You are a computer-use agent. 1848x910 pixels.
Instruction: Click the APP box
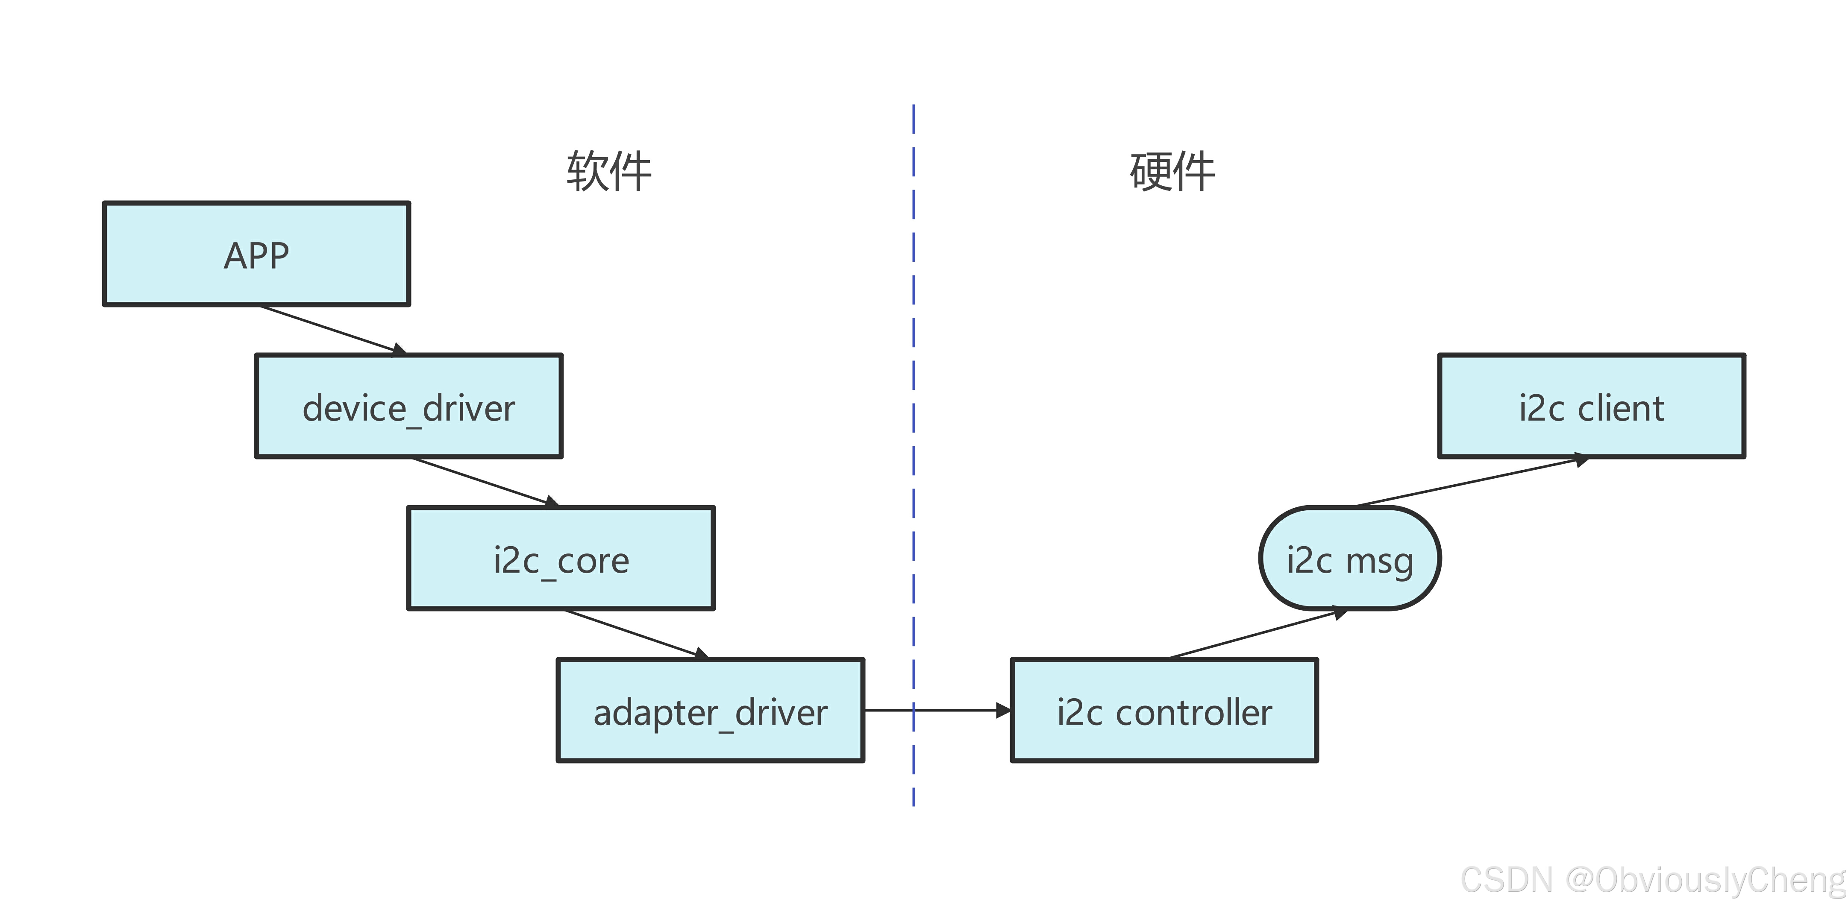(256, 254)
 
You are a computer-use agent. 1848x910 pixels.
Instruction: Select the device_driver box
(408, 406)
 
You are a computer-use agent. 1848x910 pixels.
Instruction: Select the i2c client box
(1591, 406)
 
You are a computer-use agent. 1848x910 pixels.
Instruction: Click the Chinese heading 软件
(608, 171)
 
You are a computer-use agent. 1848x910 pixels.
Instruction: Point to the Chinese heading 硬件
(1172, 171)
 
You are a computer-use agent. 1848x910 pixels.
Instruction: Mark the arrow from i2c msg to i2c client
(1471, 481)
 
